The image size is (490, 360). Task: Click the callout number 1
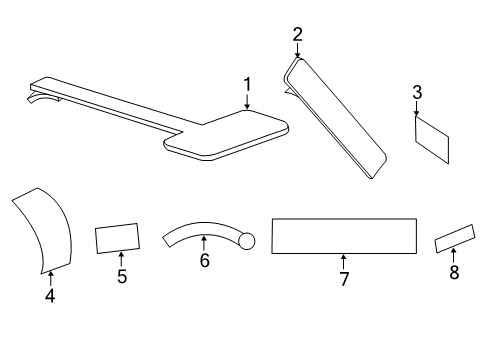tap(247, 86)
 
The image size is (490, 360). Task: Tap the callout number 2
tap(297, 35)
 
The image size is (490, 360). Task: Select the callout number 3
tap(417, 93)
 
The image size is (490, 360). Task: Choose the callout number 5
tap(122, 277)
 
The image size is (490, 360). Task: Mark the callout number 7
tap(343, 279)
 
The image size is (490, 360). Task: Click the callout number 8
tap(453, 272)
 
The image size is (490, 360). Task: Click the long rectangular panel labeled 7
tap(344, 236)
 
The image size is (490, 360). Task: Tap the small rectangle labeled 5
tap(117, 240)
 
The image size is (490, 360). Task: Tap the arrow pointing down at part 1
tap(247, 103)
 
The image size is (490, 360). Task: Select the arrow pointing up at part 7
tap(343, 261)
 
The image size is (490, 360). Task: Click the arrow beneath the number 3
tap(417, 110)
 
